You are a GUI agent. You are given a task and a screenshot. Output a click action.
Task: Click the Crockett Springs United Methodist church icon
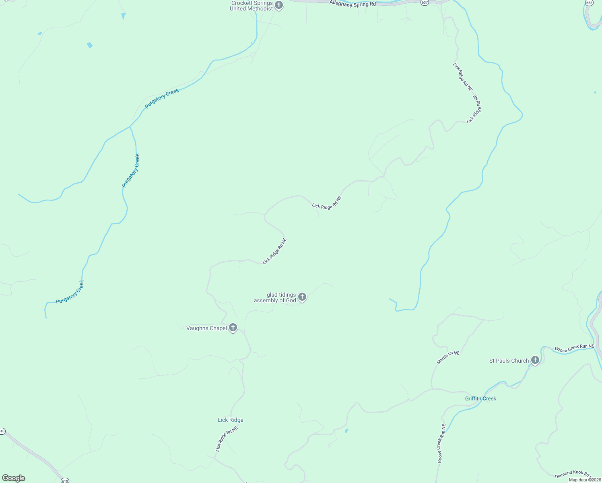point(279,6)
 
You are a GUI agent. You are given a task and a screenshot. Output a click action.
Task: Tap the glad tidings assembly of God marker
point(302,297)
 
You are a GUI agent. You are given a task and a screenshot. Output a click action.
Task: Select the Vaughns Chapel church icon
point(233,328)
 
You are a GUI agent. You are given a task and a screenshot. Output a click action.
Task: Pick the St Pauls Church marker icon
point(535,360)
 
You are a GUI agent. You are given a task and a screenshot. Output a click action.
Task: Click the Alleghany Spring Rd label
point(353,4)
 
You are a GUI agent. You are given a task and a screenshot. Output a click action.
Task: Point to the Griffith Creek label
point(480,398)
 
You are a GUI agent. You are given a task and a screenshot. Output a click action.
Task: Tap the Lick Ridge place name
point(231,420)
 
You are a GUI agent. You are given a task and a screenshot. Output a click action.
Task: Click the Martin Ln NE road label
point(448,357)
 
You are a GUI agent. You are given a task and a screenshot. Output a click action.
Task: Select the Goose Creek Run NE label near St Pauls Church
point(574,348)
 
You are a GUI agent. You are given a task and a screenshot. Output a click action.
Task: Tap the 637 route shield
point(425,2)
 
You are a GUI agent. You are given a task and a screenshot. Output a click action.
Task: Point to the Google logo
point(14,478)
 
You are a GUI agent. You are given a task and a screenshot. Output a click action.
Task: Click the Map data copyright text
point(585,480)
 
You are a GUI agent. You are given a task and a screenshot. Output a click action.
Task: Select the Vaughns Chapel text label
point(206,328)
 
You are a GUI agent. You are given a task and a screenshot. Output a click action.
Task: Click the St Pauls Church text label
point(509,361)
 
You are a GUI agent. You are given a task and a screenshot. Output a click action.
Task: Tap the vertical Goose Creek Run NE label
point(441,443)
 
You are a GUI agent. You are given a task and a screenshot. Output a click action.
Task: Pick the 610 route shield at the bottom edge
point(64,481)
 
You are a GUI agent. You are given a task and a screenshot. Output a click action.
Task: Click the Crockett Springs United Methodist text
point(251,6)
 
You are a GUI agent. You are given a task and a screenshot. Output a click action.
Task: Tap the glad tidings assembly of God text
point(275,297)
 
